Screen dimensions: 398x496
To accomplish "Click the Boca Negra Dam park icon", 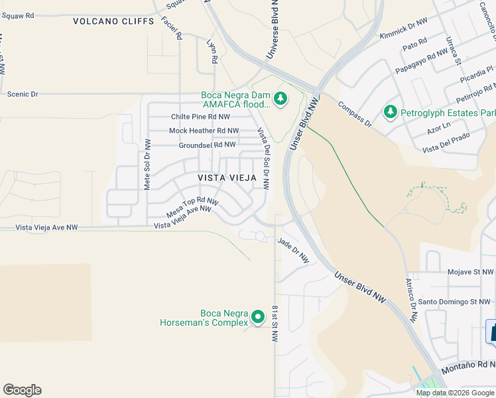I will tap(280, 99).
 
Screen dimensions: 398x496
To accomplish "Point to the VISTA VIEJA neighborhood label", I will tap(227, 178).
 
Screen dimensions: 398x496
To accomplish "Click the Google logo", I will tap(22, 390).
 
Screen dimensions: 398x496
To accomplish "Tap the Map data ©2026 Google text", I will tap(455, 393).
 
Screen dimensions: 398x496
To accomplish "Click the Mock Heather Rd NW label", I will tap(204, 131).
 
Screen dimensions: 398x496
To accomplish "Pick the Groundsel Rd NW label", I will tap(207, 145).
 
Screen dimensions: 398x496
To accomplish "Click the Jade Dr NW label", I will tap(294, 250).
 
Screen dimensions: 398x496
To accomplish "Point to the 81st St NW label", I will tap(275, 323).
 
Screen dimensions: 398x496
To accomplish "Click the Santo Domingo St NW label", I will tap(454, 302).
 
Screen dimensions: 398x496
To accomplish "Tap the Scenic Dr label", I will tap(23, 94).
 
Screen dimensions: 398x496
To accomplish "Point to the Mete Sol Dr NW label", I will tap(148, 165).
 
